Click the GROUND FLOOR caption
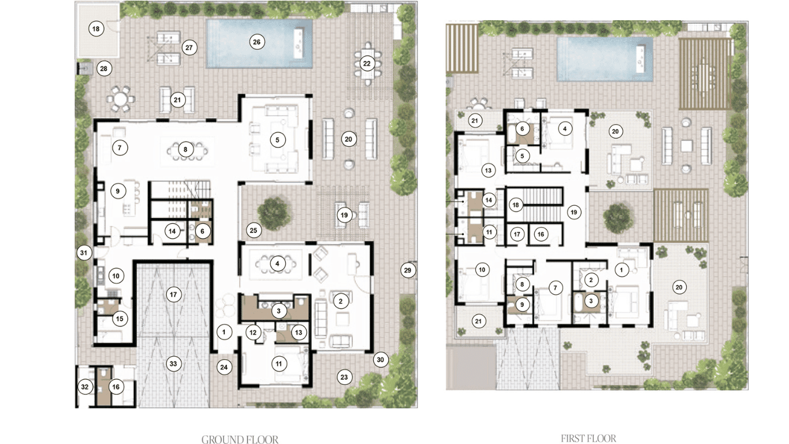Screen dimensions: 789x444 [240, 439]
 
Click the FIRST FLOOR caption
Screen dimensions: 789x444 [589, 438]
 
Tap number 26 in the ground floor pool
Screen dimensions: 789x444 [257, 42]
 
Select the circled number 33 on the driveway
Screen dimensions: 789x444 [173, 364]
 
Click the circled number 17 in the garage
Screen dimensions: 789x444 [173, 294]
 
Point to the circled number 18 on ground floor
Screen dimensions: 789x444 [96, 28]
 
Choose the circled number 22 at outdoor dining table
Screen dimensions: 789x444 [367, 64]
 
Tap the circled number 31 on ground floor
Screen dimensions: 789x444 [84, 253]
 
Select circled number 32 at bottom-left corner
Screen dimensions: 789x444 [84, 387]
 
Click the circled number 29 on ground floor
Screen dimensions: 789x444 [408, 271]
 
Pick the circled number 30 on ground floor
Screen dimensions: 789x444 [381, 360]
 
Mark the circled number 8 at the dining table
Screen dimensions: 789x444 [185, 149]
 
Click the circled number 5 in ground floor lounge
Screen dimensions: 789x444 [278, 140]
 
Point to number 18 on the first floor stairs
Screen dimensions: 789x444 [516, 205]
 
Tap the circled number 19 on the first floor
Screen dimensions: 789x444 [574, 212]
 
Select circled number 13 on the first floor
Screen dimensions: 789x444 [488, 171]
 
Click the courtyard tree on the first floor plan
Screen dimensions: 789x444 [618, 217]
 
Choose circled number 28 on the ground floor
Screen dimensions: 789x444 [103, 68]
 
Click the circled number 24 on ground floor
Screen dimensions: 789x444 [224, 367]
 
